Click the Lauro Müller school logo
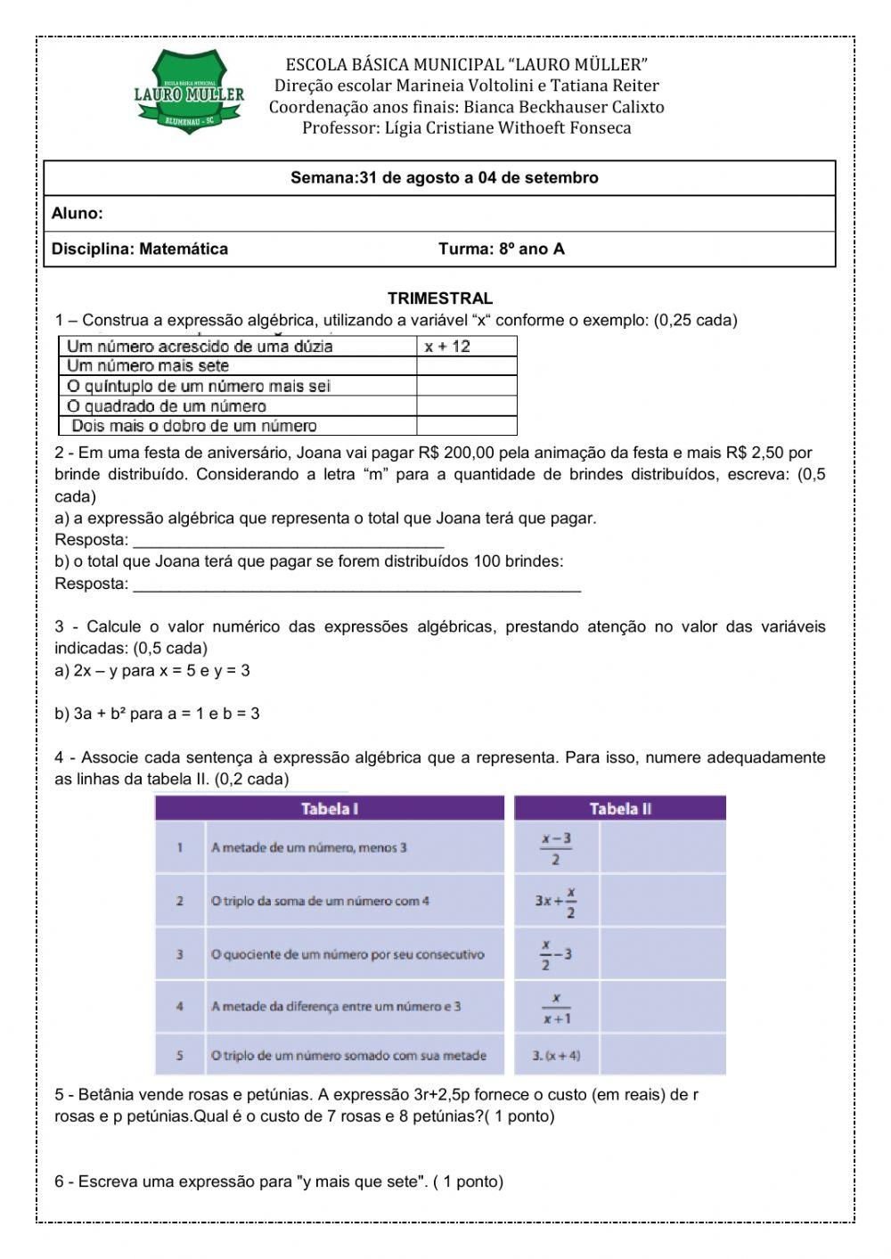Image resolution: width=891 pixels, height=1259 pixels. coord(189,94)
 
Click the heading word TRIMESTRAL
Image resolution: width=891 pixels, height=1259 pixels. coord(439,298)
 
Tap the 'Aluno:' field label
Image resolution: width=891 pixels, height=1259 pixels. coord(78,214)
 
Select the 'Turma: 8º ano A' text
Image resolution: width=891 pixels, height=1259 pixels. coord(501,249)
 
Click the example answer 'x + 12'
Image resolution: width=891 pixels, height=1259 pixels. coord(446,347)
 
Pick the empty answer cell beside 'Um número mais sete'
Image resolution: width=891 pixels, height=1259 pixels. coord(466,366)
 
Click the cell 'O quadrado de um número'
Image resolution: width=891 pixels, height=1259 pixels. coord(167,406)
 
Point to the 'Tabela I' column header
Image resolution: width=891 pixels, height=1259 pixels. coord(330,809)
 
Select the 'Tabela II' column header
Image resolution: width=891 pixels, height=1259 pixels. coord(620,809)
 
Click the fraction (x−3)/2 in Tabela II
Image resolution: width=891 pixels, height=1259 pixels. coord(556,848)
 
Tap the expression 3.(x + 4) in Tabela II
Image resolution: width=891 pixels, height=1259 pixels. coord(556,1056)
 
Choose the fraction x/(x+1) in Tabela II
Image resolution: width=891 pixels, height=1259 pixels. coord(556,1008)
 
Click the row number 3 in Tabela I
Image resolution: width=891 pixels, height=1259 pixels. coord(180,954)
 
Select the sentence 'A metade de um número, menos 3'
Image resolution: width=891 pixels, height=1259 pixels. coord(308,847)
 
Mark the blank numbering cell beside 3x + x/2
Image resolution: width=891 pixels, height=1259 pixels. coord(662,901)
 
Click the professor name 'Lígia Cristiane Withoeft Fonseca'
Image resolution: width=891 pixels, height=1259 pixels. coord(507,127)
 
